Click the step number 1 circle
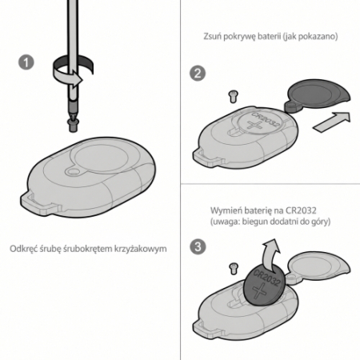coord(26,62)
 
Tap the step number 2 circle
coord(198,74)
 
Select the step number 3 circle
coord(198,246)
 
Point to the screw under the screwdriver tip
coord(73,125)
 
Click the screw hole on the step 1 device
coord(72,171)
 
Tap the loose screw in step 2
coord(234,96)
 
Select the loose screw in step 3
coord(234,268)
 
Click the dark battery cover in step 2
coord(318,96)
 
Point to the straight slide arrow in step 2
coord(332,122)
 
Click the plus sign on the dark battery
coord(260,290)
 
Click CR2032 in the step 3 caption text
coord(301,210)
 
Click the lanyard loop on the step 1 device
coord(40,204)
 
